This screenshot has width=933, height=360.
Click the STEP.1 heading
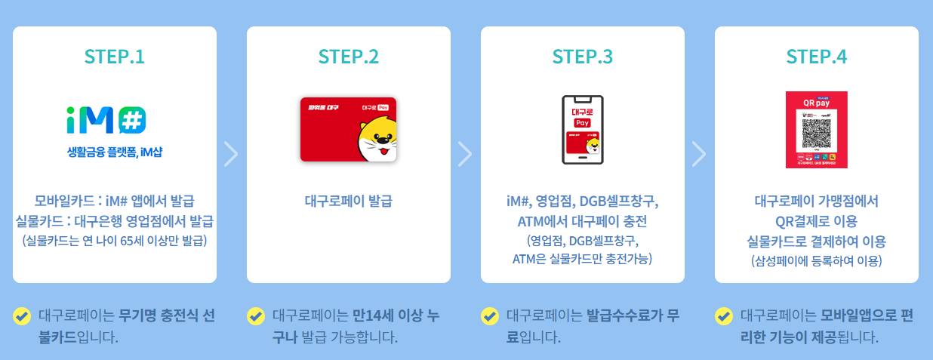[115, 57]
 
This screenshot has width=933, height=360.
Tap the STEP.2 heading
[349, 57]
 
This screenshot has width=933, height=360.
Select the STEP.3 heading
[583, 57]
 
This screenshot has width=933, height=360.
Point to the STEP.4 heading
[817, 57]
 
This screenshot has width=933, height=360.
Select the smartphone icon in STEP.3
[583, 129]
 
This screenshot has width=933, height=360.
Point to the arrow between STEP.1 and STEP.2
[232, 153]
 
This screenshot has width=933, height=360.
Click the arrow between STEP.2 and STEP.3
[466, 153]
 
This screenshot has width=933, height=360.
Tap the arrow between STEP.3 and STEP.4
[700, 153]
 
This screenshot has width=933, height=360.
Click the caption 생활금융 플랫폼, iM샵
[115, 152]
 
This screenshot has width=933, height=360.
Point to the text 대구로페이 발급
[349, 202]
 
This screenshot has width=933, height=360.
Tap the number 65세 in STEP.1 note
[133, 241]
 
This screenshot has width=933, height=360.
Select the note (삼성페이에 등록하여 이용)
[817, 260]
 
